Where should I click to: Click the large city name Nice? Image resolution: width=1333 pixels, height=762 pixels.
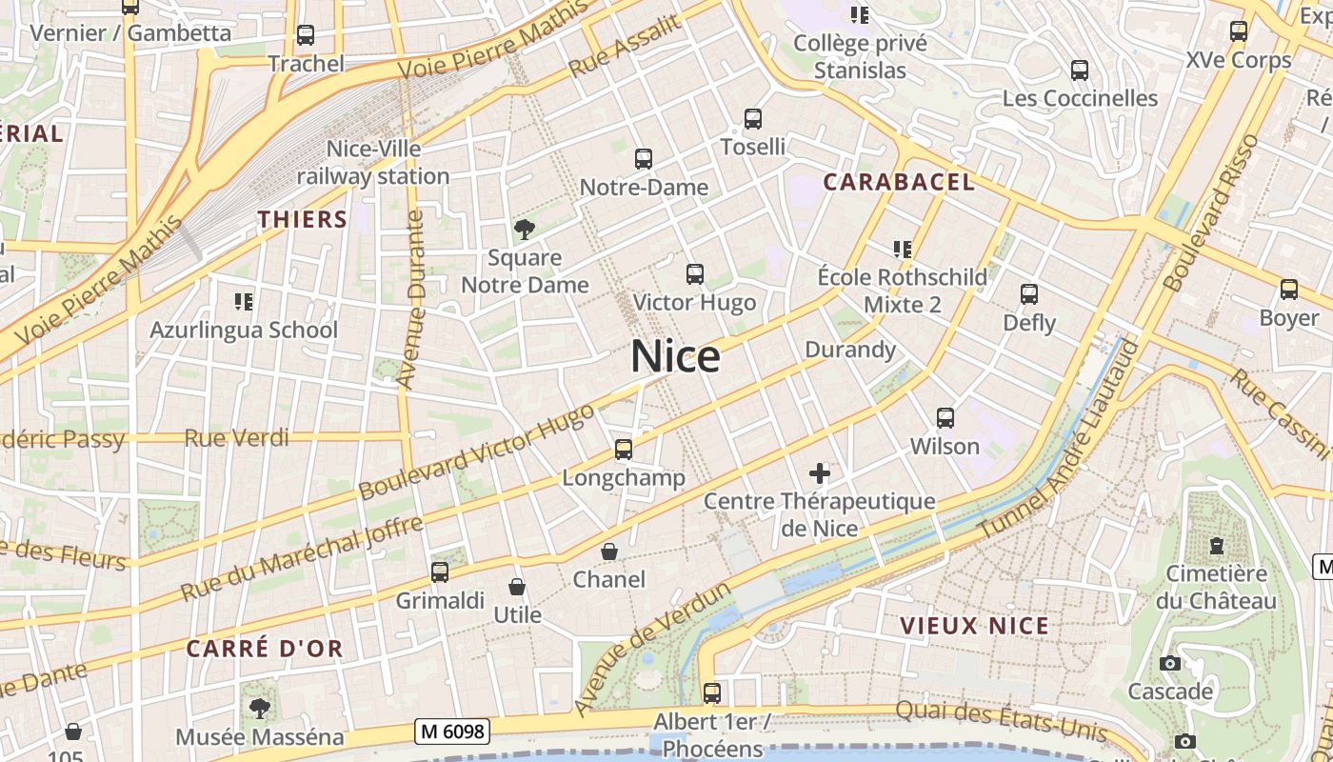click(675, 356)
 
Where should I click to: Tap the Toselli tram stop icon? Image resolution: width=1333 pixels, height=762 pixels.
click(753, 119)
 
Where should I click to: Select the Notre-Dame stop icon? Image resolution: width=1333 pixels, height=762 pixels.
click(644, 159)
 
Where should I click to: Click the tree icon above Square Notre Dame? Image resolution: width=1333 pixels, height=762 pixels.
click(524, 229)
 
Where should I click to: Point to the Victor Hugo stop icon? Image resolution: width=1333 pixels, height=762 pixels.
click(695, 274)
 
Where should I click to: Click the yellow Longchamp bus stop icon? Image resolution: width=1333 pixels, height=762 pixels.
click(624, 449)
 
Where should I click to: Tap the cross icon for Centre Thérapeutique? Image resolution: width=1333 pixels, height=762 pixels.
click(819, 472)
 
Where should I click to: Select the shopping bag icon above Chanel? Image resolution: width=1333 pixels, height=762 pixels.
click(609, 551)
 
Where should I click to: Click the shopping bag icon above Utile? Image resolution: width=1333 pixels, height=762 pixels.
click(517, 587)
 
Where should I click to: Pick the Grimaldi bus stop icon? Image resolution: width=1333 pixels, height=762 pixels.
click(440, 572)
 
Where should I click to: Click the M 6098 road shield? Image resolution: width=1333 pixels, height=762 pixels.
click(453, 732)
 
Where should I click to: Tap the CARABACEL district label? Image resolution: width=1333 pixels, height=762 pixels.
click(899, 182)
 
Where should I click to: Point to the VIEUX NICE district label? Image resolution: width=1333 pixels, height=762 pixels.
click(975, 626)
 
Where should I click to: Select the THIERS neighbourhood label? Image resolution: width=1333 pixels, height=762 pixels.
click(303, 219)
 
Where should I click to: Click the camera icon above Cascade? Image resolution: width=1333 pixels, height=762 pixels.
click(1170, 663)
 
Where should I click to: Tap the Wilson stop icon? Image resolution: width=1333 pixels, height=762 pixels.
click(945, 418)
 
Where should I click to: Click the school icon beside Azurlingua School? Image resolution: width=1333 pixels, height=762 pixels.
click(244, 302)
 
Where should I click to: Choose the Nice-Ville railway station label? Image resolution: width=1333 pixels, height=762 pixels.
click(373, 163)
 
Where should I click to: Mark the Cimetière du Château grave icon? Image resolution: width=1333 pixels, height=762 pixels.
click(1216, 546)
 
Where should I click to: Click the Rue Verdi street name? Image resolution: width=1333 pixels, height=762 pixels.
click(236, 438)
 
